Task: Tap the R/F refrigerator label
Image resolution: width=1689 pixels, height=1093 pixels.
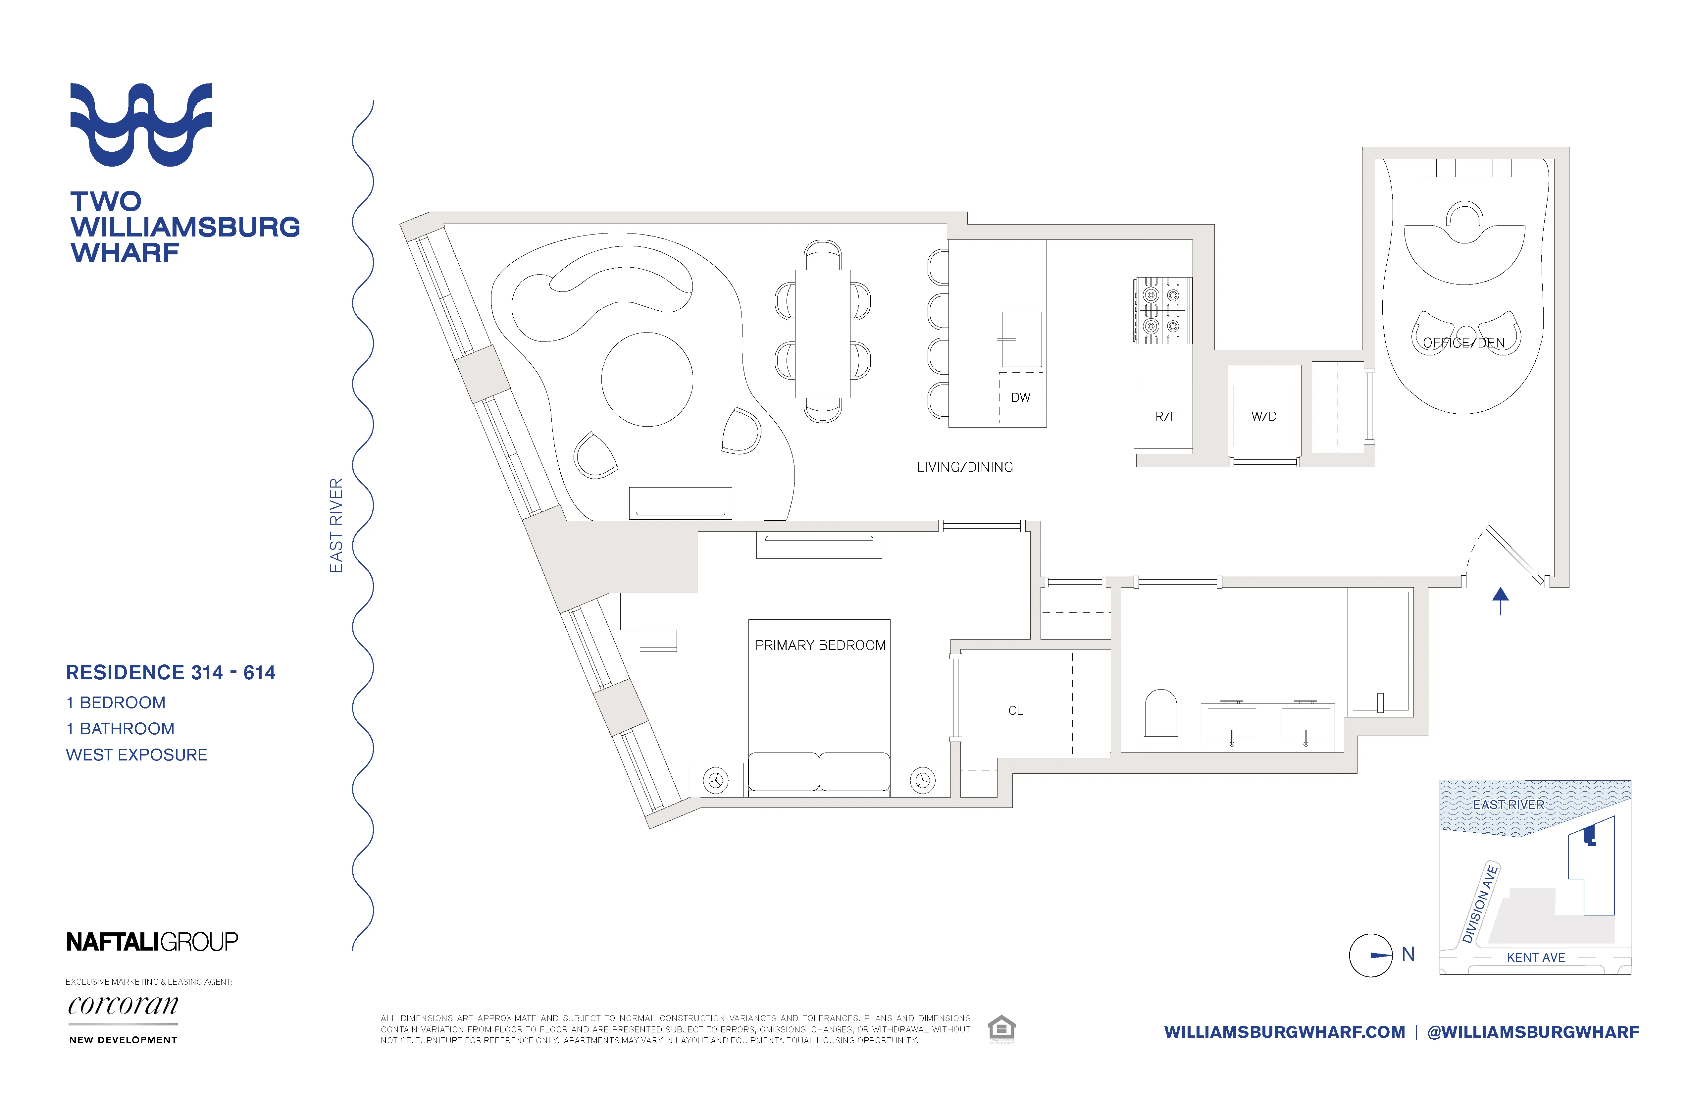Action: pos(1165,417)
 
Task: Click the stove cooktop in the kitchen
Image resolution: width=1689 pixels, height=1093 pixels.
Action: pos(1162,310)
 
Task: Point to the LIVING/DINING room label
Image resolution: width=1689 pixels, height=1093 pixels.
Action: pos(964,467)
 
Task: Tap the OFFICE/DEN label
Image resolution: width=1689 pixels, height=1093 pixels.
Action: pos(1463,343)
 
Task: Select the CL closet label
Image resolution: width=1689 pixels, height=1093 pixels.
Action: pos(1015,710)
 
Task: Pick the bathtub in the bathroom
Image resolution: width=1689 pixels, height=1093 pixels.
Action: pos(1380,651)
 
